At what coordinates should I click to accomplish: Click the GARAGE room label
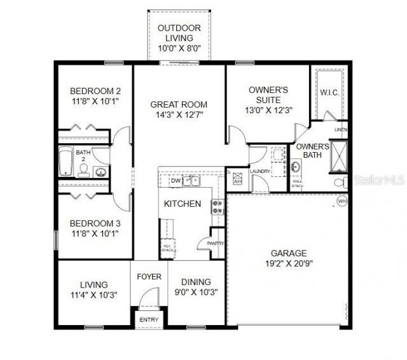coord(289,253)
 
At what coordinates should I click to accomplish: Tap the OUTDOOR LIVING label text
coord(179,33)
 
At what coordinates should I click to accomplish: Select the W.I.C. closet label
coord(329,93)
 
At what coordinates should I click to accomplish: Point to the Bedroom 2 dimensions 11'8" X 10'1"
coord(94,101)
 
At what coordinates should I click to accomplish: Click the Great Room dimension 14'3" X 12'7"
coord(179,115)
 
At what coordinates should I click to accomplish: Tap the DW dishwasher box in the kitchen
coord(176,181)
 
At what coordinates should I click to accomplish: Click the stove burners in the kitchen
coord(217,206)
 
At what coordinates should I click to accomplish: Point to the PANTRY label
coord(216,242)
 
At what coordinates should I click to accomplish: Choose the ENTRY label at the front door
coord(148,319)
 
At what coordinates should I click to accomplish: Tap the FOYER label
coord(149,277)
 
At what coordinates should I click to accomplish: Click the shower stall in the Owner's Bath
coord(339,155)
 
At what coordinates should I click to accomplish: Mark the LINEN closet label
coord(341,130)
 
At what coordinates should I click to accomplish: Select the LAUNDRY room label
coord(261,171)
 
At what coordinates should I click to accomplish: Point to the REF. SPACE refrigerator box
coord(168,249)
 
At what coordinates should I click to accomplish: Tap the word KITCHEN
coord(183,204)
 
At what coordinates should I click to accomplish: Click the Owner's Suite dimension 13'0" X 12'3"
coord(268,109)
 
